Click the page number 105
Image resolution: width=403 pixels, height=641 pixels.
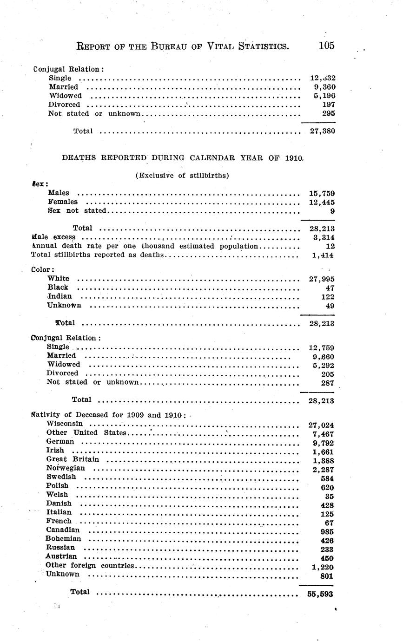point(326,46)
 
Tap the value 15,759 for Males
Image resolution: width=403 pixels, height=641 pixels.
point(322,193)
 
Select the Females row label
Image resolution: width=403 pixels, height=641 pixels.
point(63,202)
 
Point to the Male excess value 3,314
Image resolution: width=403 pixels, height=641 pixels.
point(324,237)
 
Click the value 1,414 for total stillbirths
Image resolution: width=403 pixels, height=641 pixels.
point(324,255)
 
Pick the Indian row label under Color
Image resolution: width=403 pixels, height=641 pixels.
point(59,296)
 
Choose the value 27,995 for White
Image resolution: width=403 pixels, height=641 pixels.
point(322,279)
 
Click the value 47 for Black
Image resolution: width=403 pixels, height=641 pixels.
point(329,288)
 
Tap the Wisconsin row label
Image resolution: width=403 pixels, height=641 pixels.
point(65,424)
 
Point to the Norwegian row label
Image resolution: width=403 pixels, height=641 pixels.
point(66,468)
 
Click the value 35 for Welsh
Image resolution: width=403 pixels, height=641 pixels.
point(329,497)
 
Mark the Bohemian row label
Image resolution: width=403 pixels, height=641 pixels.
point(63,539)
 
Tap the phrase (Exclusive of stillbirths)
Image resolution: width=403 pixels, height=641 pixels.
point(182,176)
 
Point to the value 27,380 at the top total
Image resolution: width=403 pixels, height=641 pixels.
point(322,131)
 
